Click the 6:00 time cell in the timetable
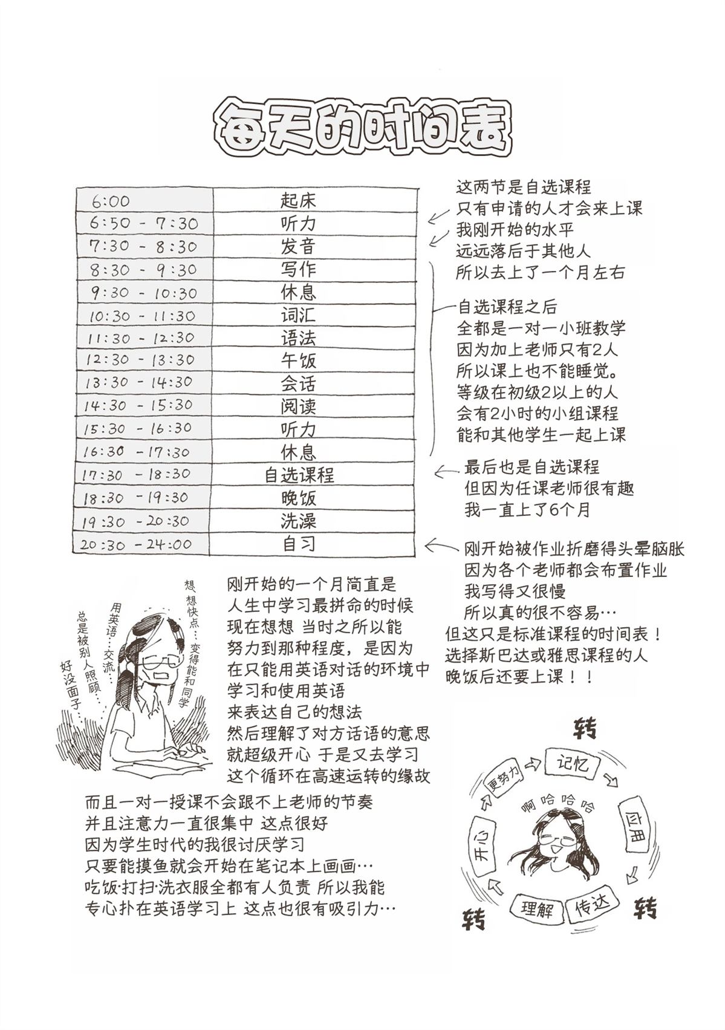point(111,201)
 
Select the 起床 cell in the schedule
point(298,200)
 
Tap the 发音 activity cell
point(298,246)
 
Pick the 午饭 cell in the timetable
point(298,360)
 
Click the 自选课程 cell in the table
point(299,475)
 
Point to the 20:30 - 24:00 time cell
point(135,544)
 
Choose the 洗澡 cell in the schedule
point(298,521)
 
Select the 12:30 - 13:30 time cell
point(140,360)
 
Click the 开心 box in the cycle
point(484,846)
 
